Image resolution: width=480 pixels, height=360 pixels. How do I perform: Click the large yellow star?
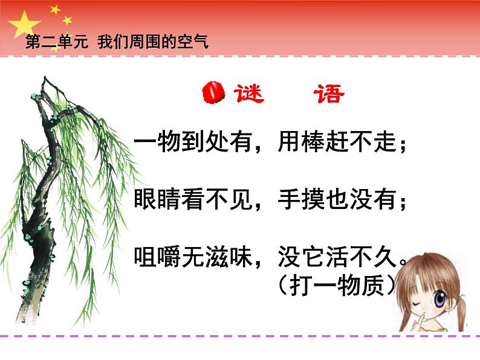24,25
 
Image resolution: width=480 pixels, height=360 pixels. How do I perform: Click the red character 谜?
248,94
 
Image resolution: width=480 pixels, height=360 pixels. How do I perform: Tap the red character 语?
329,94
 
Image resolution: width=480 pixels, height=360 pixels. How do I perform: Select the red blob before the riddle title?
213,92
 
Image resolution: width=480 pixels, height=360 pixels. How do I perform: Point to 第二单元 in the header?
57,42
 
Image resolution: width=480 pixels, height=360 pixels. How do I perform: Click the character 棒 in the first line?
313,142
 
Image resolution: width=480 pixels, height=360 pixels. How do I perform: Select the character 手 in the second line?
290,199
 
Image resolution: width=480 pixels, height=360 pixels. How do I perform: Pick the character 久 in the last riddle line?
385,257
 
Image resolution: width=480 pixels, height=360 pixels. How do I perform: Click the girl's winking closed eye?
416,304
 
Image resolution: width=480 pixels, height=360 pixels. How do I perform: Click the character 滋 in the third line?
216,257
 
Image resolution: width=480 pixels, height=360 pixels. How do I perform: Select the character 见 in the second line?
241,199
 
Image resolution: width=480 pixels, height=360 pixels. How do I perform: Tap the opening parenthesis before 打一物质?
284,286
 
